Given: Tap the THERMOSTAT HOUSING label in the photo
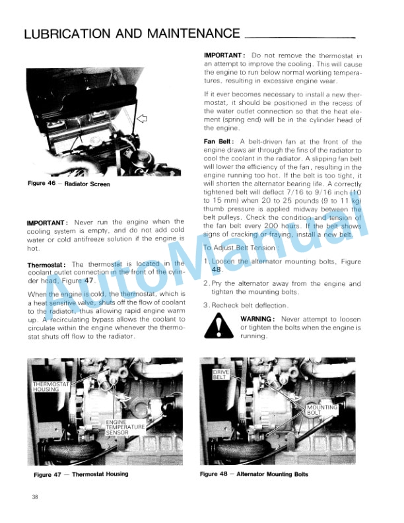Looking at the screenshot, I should click(47, 386).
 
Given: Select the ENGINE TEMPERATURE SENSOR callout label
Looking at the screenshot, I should click(120, 427).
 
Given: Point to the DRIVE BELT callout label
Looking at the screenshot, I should click(220, 376).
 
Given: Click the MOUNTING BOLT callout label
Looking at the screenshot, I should click(323, 411).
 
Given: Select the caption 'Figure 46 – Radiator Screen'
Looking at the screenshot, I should click(69, 184).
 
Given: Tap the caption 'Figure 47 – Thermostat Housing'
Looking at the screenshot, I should click(81, 474).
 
